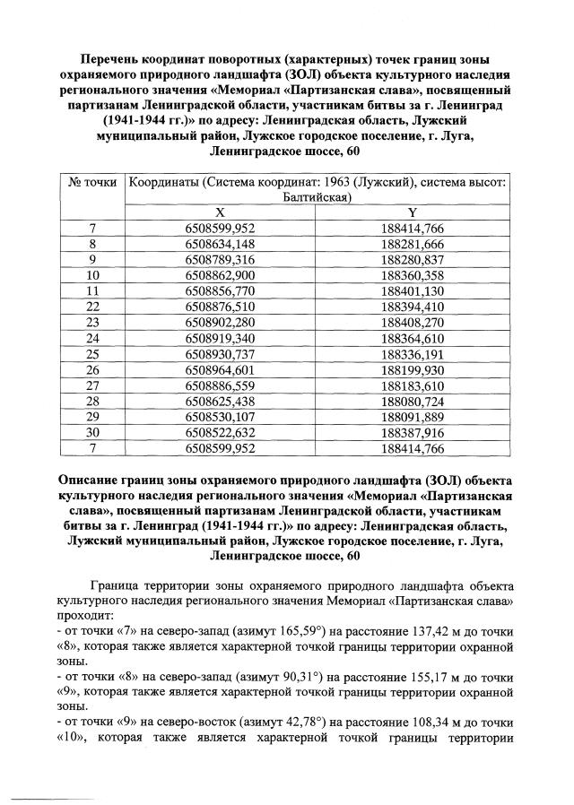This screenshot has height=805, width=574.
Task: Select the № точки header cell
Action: (92, 183)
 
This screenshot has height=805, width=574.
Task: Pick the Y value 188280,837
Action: (413, 259)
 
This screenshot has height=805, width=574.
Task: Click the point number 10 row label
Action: (92, 274)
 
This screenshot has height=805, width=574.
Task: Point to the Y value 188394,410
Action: (413, 306)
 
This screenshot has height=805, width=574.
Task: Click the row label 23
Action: (92, 321)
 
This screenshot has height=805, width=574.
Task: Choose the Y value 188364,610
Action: (413, 337)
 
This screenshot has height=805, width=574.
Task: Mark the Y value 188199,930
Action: (413, 368)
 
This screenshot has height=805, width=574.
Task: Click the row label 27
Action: (92, 384)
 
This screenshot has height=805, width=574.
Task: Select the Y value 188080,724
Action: (413, 399)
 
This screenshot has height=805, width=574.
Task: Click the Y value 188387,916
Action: (413, 430)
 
